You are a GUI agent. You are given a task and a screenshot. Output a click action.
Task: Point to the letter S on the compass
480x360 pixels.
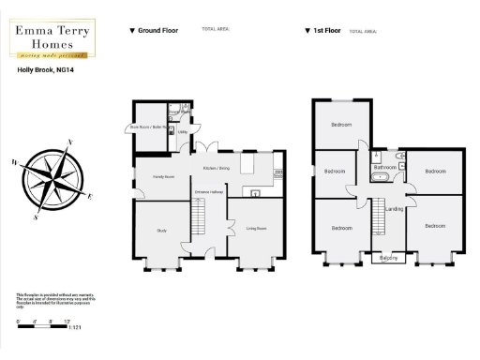pyautogui.click(x=36, y=217)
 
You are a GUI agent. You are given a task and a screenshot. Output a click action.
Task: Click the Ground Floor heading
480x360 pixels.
pyautogui.click(x=157, y=30)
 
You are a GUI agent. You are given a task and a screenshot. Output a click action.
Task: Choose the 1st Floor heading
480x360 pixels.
pyautogui.click(x=323, y=30)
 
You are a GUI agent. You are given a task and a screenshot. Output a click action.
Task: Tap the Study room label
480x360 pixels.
pyautogui.click(x=161, y=230)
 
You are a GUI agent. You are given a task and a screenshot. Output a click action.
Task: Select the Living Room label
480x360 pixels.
pyautogui.click(x=256, y=228)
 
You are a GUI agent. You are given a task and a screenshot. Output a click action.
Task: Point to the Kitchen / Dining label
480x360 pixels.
pyautogui.click(x=216, y=168)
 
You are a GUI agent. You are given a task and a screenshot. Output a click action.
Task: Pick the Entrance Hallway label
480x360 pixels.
pyautogui.click(x=207, y=193)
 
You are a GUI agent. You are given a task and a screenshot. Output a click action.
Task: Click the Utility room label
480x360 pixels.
pyautogui.click(x=184, y=134)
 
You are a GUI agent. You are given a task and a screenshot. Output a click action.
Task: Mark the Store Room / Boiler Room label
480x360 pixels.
pyautogui.click(x=147, y=127)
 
